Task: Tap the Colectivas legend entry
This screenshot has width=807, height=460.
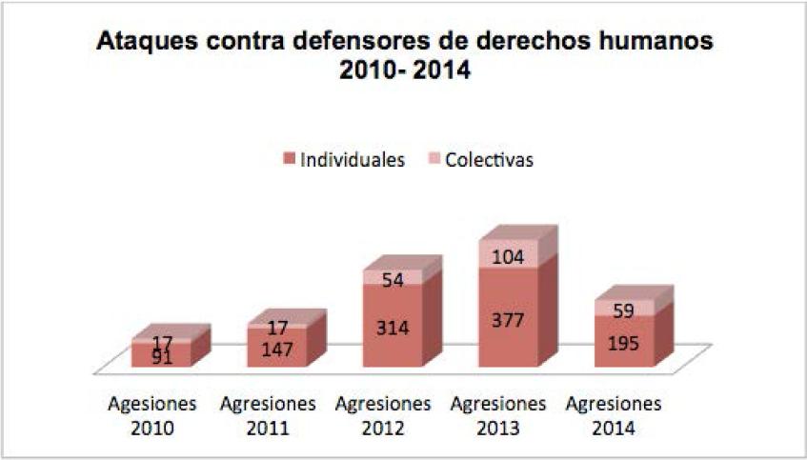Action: pos(489,160)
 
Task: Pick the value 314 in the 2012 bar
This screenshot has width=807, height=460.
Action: pos(393,329)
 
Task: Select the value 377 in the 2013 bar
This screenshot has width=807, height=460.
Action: pos(507,319)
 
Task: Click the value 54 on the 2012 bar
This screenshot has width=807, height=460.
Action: pos(393,279)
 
